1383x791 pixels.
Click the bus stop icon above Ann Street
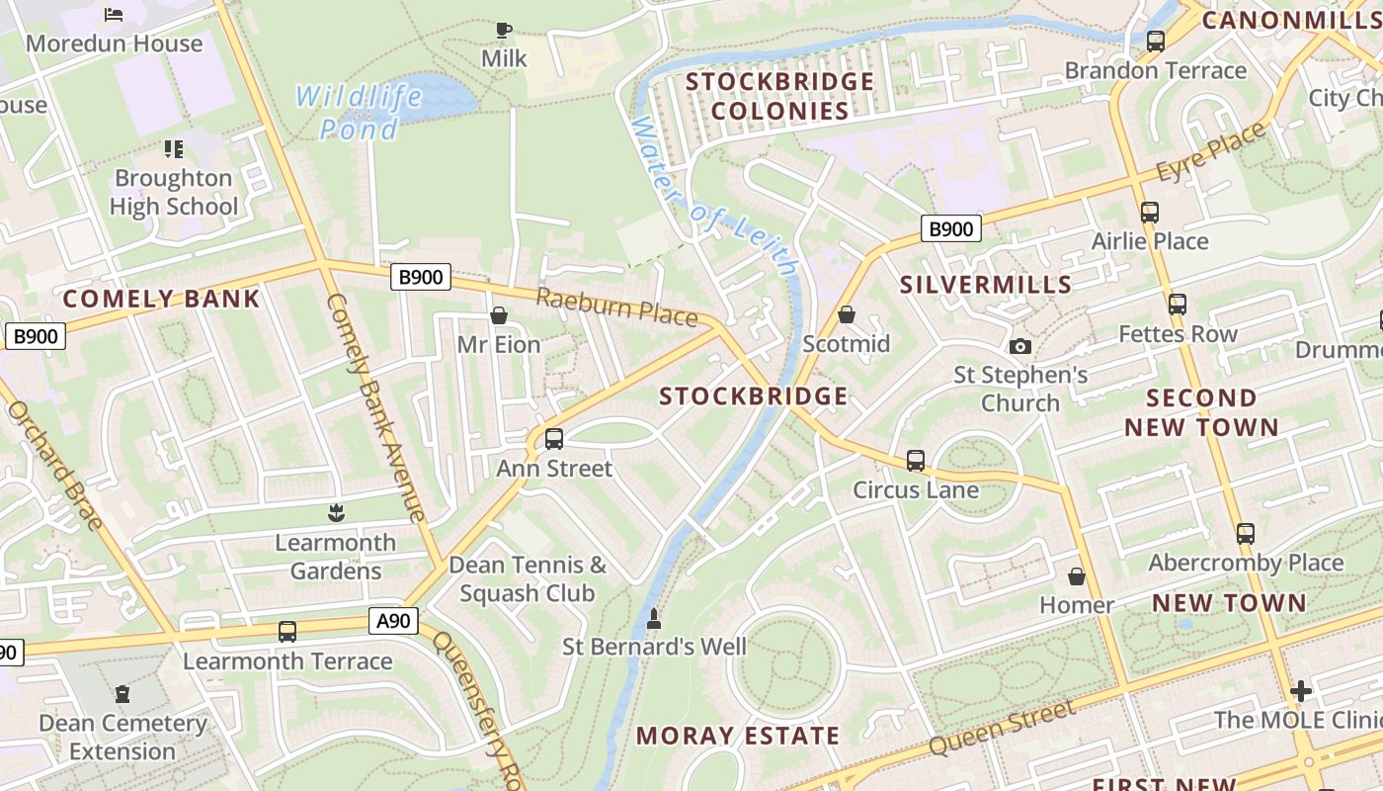[x=554, y=438]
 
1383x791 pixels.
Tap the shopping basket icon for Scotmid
[x=847, y=314]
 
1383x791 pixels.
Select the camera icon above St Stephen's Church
[x=1020, y=346]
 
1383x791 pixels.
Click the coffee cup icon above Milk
[x=504, y=30]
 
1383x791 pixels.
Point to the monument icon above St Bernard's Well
[x=653, y=619]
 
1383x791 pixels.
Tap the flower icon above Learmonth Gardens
[x=336, y=512]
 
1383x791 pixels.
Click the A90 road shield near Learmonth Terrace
[x=394, y=621]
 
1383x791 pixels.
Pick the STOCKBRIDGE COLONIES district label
[x=780, y=95]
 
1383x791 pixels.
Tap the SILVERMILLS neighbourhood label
[x=986, y=285]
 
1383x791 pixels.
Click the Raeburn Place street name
[x=617, y=307]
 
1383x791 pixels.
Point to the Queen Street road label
[x=1003, y=727]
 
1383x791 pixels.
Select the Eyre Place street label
[x=1211, y=152]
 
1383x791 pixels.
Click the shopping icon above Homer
[x=1077, y=575]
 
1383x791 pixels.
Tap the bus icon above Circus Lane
[x=916, y=461]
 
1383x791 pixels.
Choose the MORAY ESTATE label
[x=738, y=736]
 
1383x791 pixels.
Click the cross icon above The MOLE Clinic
[x=1300, y=690]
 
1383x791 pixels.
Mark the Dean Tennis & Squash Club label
[x=528, y=578]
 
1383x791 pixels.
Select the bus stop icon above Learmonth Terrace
[x=287, y=631]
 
